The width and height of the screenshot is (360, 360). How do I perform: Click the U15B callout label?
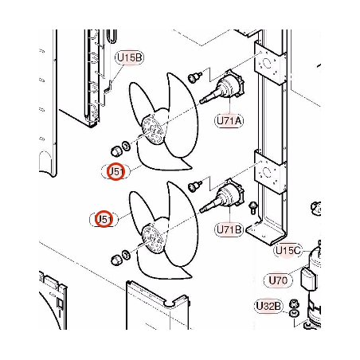(x=129, y=58)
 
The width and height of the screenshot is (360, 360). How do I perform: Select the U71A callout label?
(x=229, y=121)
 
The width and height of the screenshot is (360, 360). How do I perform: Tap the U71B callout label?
(x=229, y=229)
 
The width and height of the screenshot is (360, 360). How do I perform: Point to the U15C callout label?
(x=288, y=250)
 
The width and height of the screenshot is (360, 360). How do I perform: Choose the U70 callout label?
(x=278, y=280)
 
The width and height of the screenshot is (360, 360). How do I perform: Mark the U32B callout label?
(x=268, y=306)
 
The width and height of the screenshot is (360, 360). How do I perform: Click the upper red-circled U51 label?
(x=116, y=171)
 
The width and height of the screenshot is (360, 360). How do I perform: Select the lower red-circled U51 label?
(x=104, y=219)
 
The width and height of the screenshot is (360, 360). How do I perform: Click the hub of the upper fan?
(x=152, y=130)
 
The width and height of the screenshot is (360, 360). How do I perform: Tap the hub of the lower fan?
(x=152, y=239)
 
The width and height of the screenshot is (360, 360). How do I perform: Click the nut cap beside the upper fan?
(x=116, y=151)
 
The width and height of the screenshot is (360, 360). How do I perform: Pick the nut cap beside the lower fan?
(x=116, y=260)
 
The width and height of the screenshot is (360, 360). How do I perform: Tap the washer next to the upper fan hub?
(x=126, y=146)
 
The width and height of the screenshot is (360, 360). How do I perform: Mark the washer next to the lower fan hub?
(x=126, y=254)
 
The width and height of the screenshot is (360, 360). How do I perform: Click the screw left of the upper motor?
(x=194, y=77)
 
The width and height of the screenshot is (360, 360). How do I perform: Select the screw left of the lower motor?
(x=194, y=186)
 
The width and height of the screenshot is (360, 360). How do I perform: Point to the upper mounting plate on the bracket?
(x=270, y=64)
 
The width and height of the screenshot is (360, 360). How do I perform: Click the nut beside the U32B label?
(x=293, y=303)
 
